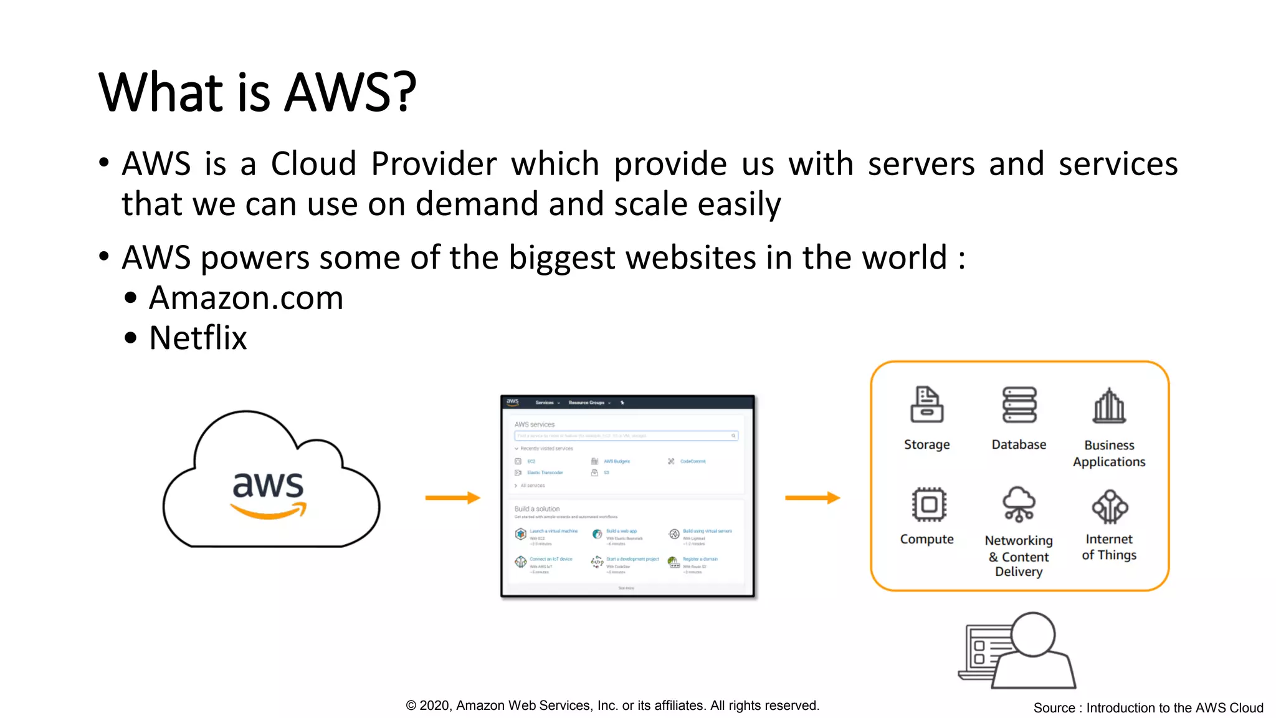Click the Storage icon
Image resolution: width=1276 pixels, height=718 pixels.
click(926, 404)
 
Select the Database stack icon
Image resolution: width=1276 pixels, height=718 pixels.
click(1019, 404)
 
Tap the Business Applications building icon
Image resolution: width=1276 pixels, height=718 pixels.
click(1109, 406)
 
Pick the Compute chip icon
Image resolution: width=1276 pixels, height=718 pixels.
click(928, 504)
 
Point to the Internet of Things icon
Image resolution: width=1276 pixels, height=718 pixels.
click(1110, 506)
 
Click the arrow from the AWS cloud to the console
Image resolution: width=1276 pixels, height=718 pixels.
click(453, 497)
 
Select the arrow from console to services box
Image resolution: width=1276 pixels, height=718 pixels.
click(812, 497)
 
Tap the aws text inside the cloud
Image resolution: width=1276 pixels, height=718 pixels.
click(268, 485)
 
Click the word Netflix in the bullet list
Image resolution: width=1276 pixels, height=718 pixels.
click(198, 338)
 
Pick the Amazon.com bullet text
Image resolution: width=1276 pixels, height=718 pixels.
click(246, 298)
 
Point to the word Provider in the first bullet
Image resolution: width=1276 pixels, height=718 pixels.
click(434, 164)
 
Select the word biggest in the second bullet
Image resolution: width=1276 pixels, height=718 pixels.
click(562, 257)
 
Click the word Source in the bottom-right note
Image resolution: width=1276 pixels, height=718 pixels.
click(1054, 708)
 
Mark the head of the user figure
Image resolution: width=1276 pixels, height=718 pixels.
click(1033, 634)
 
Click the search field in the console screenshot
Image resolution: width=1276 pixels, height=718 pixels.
click(626, 436)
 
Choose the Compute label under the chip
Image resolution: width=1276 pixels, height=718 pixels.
click(926, 539)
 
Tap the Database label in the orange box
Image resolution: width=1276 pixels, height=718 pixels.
click(1019, 444)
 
